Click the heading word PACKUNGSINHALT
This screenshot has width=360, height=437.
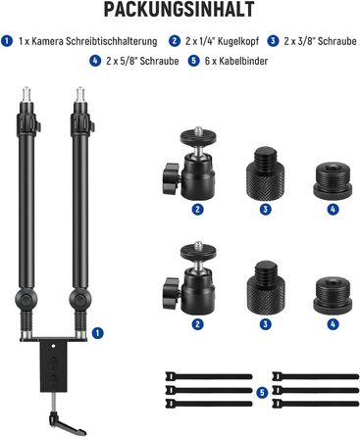[180, 10]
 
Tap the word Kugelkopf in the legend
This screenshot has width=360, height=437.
[238, 41]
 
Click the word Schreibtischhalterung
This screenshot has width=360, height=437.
[112, 41]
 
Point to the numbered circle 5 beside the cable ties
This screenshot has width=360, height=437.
[262, 392]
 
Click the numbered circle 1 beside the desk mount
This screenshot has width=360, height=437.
[97, 333]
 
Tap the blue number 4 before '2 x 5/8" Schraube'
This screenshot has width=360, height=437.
[95, 61]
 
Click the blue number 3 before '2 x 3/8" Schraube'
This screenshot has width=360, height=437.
[273, 41]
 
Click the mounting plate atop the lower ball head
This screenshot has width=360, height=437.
[198, 251]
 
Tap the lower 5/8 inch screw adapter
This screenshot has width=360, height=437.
[333, 295]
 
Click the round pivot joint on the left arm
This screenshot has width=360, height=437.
[26, 298]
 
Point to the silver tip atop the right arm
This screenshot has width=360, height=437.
[80, 94]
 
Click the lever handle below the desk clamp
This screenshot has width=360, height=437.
[67, 423]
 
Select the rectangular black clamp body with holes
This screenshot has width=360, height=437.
[53, 365]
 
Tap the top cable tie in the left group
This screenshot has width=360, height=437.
[209, 376]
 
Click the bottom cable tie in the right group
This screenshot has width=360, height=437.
[316, 404]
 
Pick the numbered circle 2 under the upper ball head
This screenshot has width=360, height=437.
[197, 209]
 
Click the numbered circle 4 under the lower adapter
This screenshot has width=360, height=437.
[333, 324]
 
